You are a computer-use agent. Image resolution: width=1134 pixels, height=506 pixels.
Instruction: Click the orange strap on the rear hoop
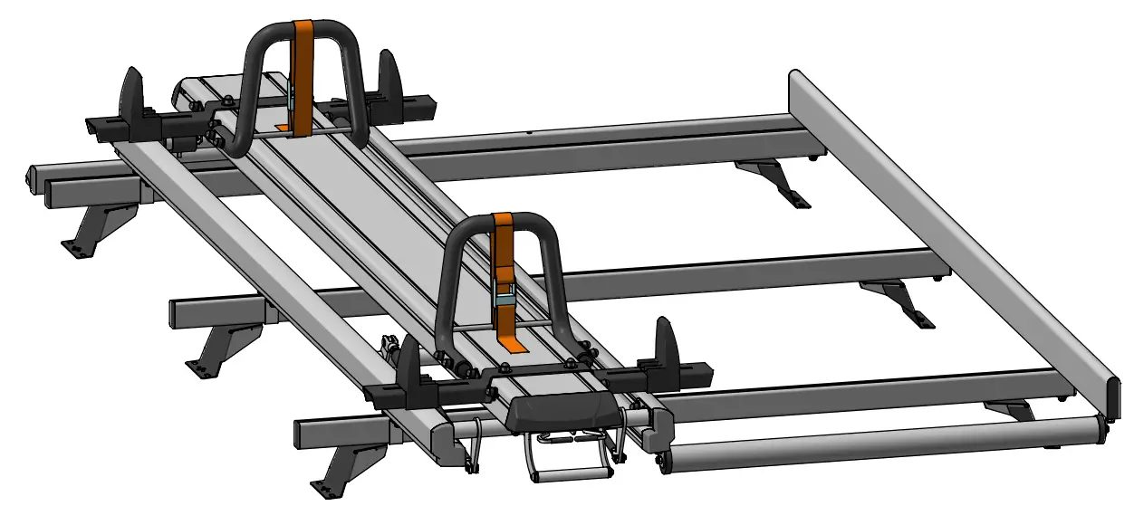point(303,54)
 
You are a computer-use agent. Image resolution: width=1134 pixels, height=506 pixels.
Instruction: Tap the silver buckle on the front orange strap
point(505,296)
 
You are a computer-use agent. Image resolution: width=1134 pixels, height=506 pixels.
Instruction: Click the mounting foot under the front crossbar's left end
point(340,466)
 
